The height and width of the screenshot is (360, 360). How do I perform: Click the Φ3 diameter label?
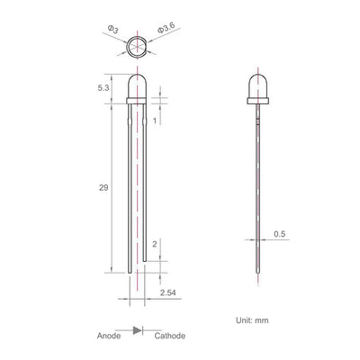click(x=113, y=30)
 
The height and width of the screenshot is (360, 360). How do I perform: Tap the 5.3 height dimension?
click(x=103, y=88)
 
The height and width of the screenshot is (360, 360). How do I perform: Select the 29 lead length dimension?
click(x=103, y=188)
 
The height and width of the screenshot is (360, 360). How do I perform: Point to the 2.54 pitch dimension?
click(x=168, y=292)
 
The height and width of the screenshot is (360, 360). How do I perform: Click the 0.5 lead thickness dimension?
click(x=280, y=234)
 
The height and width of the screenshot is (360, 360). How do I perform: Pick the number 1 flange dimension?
click(x=155, y=121)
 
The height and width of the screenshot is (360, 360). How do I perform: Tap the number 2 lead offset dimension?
click(x=155, y=244)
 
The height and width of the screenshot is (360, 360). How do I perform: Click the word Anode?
click(x=109, y=336)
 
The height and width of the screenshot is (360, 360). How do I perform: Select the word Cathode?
click(x=170, y=336)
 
